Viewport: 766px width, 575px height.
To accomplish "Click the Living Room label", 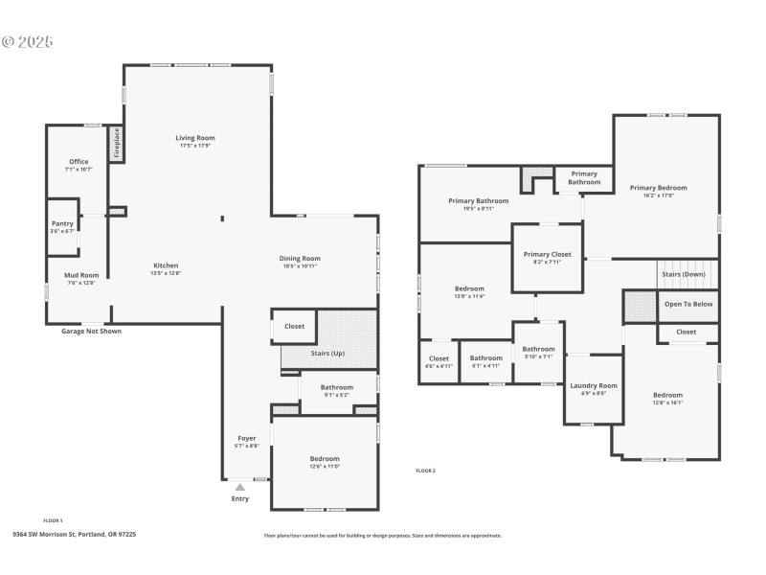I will [x=194, y=138].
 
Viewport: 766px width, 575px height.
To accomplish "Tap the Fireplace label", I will [x=117, y=143].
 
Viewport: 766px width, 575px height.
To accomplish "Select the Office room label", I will [x=78, y=162].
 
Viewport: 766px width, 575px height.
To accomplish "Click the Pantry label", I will [x=62, y=223].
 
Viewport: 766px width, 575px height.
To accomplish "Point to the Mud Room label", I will [x=81, y=275].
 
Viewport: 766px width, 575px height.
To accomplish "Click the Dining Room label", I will [x=300, y=258].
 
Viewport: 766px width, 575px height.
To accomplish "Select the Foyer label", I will [x=247, y=439].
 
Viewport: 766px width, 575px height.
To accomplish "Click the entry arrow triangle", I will [x=240, y=487].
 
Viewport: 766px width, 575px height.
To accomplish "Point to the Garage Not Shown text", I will [x=91, y=331].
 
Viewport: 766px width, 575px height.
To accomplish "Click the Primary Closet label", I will [x=547, y=254].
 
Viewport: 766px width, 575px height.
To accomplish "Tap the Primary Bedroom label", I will [x=658, y=188].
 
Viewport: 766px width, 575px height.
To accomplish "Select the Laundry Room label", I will [x=594, y=385].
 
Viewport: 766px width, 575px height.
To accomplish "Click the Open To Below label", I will [x=687, y=304].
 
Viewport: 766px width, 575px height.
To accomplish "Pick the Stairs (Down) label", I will [x=684, y=274].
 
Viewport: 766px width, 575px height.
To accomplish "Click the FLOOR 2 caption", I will [x=425, y=471].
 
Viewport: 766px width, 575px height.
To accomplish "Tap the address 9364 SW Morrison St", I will [x=74, y=534].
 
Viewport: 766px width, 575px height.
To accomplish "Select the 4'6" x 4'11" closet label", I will [x=439, y=362].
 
